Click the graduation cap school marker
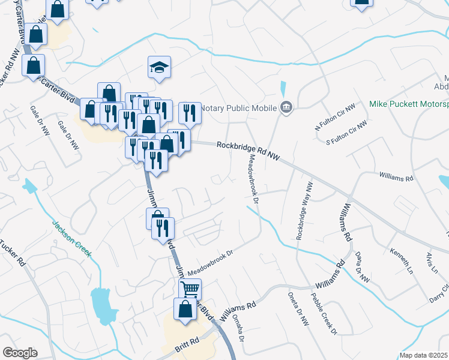[x=160, y=67]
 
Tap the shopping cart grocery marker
[x=190, y=290]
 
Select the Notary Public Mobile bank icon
[x=286, y=108]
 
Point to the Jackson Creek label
[x=71, y=238]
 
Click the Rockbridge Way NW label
[x=304, y=212]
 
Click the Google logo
[x=20, y=353]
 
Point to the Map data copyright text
[x=424, y=355]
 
